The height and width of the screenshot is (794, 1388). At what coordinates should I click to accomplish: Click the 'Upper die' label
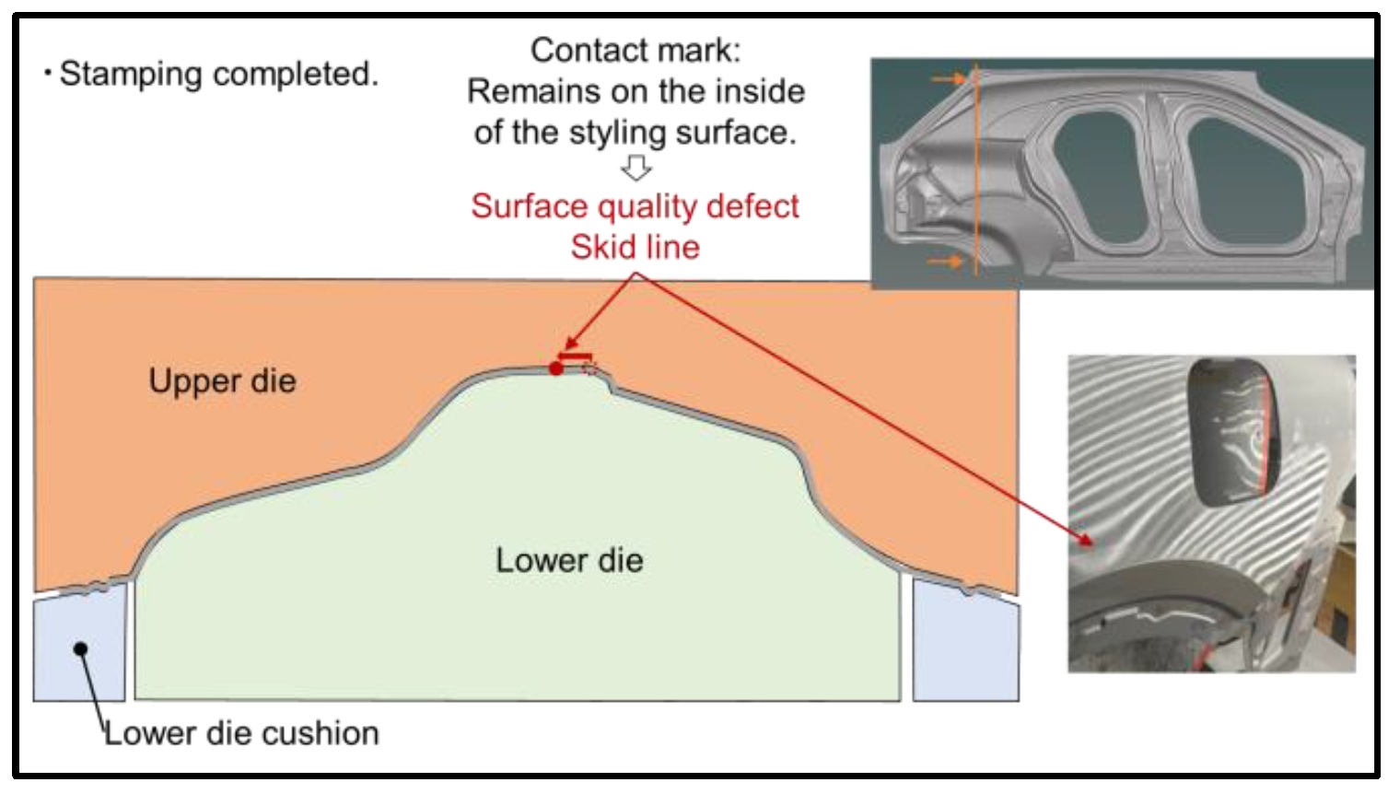pos(222,381)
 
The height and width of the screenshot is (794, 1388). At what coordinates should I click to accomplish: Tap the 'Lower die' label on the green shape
pos(568,560)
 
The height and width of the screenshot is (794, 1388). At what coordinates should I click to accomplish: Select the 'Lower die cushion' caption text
pos(241,733)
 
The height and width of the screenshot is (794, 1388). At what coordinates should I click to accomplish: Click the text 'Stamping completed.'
pos(218,74)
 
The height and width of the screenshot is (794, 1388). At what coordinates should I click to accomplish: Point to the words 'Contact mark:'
pos(635,50)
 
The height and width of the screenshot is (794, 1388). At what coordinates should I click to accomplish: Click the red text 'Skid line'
pos(635,247)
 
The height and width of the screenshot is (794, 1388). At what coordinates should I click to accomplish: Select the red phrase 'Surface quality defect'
pos(635,206)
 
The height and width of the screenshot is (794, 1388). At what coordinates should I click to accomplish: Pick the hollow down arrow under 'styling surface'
pos(636,168)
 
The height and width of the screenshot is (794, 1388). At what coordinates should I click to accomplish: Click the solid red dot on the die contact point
pos(555,368)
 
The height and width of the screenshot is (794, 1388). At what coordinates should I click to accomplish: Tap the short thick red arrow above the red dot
pos(576,356)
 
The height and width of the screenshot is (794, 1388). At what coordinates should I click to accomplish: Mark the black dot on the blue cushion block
pos(81,648)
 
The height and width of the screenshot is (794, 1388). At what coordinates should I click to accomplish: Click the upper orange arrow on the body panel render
pos(949,79)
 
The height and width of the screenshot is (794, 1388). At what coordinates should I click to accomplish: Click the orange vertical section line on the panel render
pos(974,175)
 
